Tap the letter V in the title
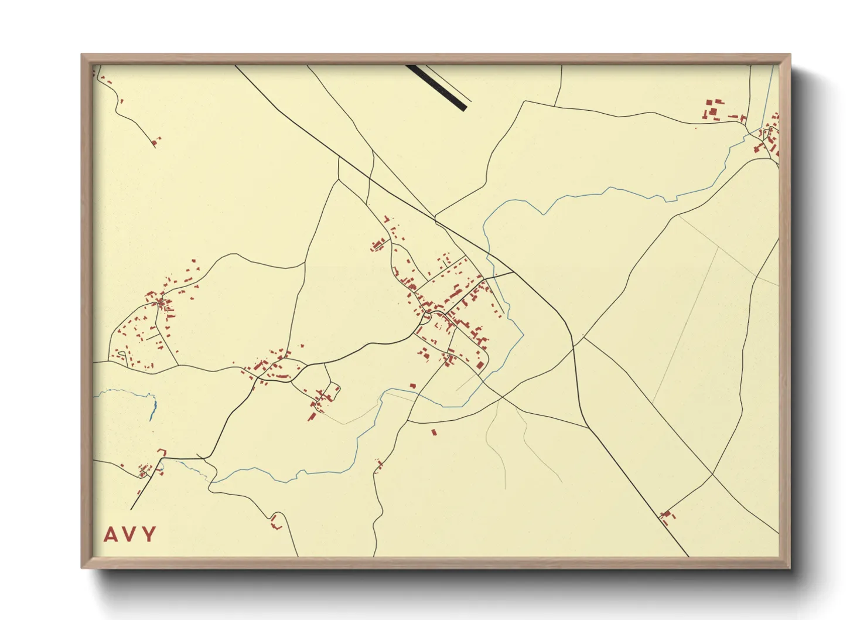(x=130, y=534)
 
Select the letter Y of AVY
(x=149, y=534)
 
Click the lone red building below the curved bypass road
(x=434, y=432)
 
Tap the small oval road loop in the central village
(x=426, y=318)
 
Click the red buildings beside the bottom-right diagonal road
(x=666, y=516)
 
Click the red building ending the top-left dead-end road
(x=155, y=141)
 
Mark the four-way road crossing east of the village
(x=575, y=346)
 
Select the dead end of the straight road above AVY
(x=131, y=509)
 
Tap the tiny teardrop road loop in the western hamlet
(x=121, y=353)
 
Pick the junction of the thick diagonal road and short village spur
(x=514, y=272)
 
